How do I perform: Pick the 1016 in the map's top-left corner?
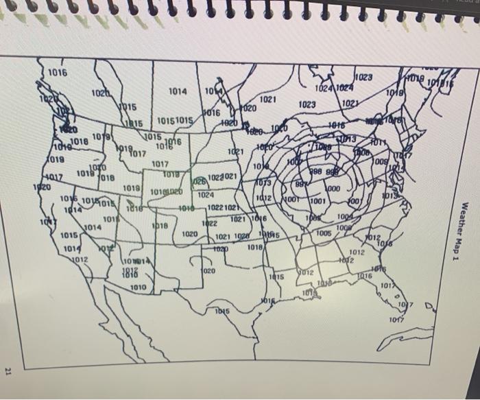58,73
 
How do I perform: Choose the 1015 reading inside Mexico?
221,311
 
